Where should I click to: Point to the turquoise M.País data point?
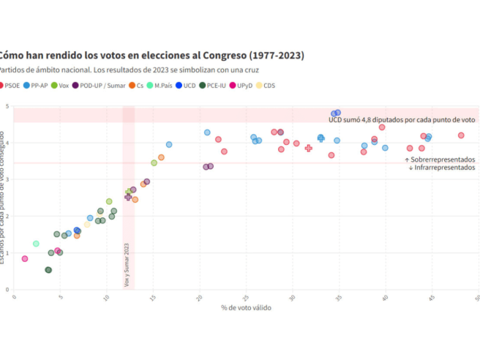[x=36, y=244]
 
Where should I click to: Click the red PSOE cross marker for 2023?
[x=308, y=148]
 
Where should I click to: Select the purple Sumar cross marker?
[x=128, y=197]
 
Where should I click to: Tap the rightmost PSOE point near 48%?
[x=461, y=135]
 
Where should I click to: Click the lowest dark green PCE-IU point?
[x=48, y=270]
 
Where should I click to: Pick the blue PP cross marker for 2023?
[x=320, y=138]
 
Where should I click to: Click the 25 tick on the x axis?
[x=246, y=299]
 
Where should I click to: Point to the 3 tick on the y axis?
[x=7, y=180]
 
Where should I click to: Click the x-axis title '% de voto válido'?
[x=246, y=307]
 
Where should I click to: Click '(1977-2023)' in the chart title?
[x=277, y=55]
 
